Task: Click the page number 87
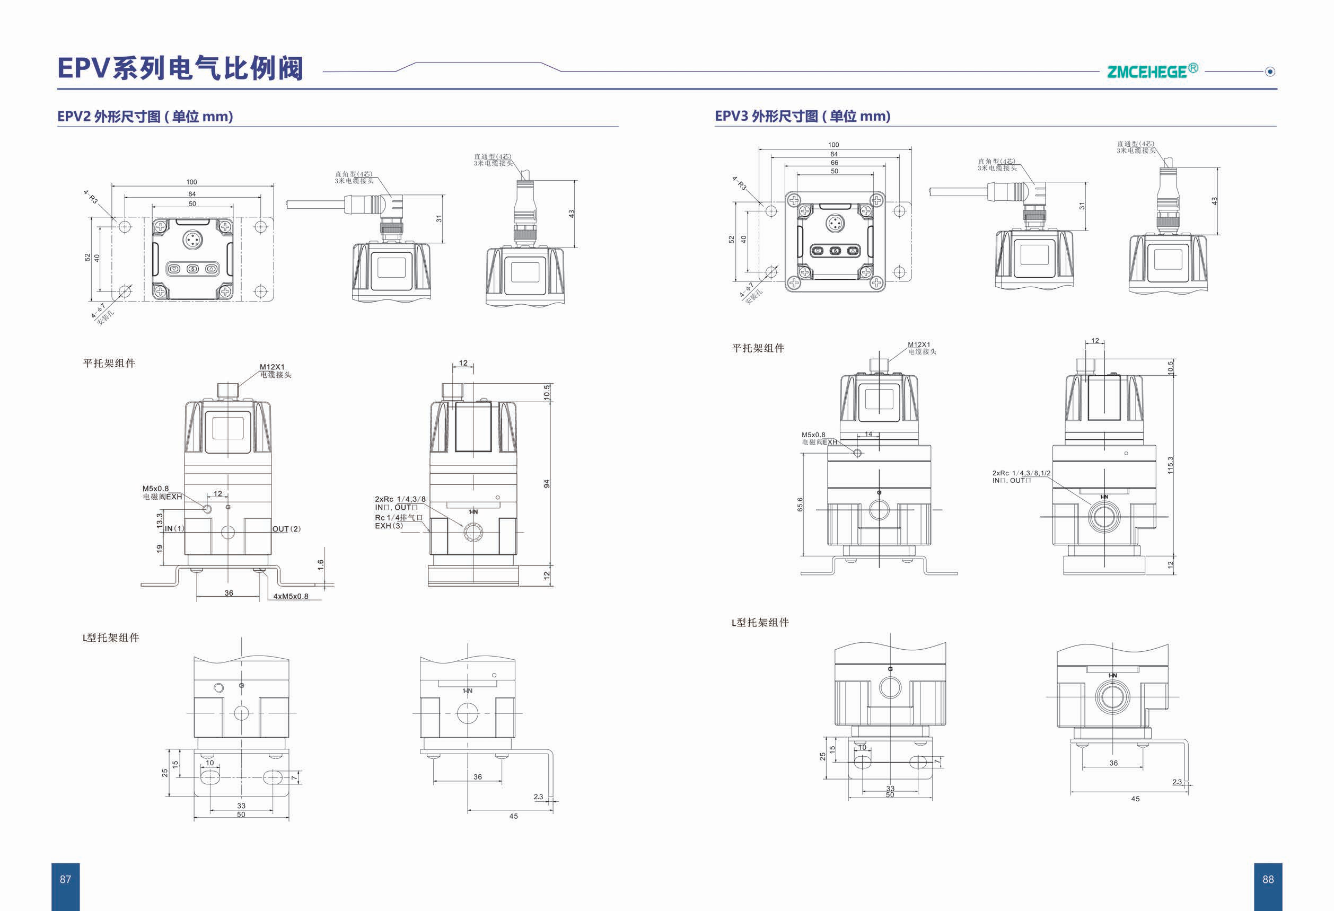coord(65,879)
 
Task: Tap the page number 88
coord(1268,879)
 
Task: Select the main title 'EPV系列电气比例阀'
coord(180,68)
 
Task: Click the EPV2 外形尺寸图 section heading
coord(145,117)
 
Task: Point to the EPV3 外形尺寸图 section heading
coord(802,116)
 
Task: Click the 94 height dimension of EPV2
coord(547,484)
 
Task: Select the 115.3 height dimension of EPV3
coord(1170,465)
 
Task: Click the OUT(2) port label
coord(286,529)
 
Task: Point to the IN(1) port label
coord(174,528)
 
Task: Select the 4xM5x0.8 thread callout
coord(291,596)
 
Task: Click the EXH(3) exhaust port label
coord(389,526)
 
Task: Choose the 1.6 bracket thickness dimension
coord(320,564)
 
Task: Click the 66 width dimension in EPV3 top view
coord(834,163)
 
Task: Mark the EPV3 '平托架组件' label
coord(758,348)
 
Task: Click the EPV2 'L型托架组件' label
coord(111,638)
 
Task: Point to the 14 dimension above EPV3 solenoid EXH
coord(868,434)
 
